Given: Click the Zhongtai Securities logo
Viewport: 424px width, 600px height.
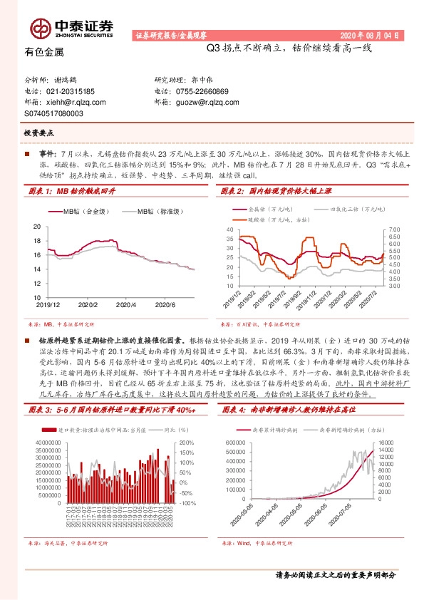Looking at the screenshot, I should (x=71, y=27).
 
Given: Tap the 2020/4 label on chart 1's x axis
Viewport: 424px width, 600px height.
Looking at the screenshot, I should (x=125, y=304).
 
